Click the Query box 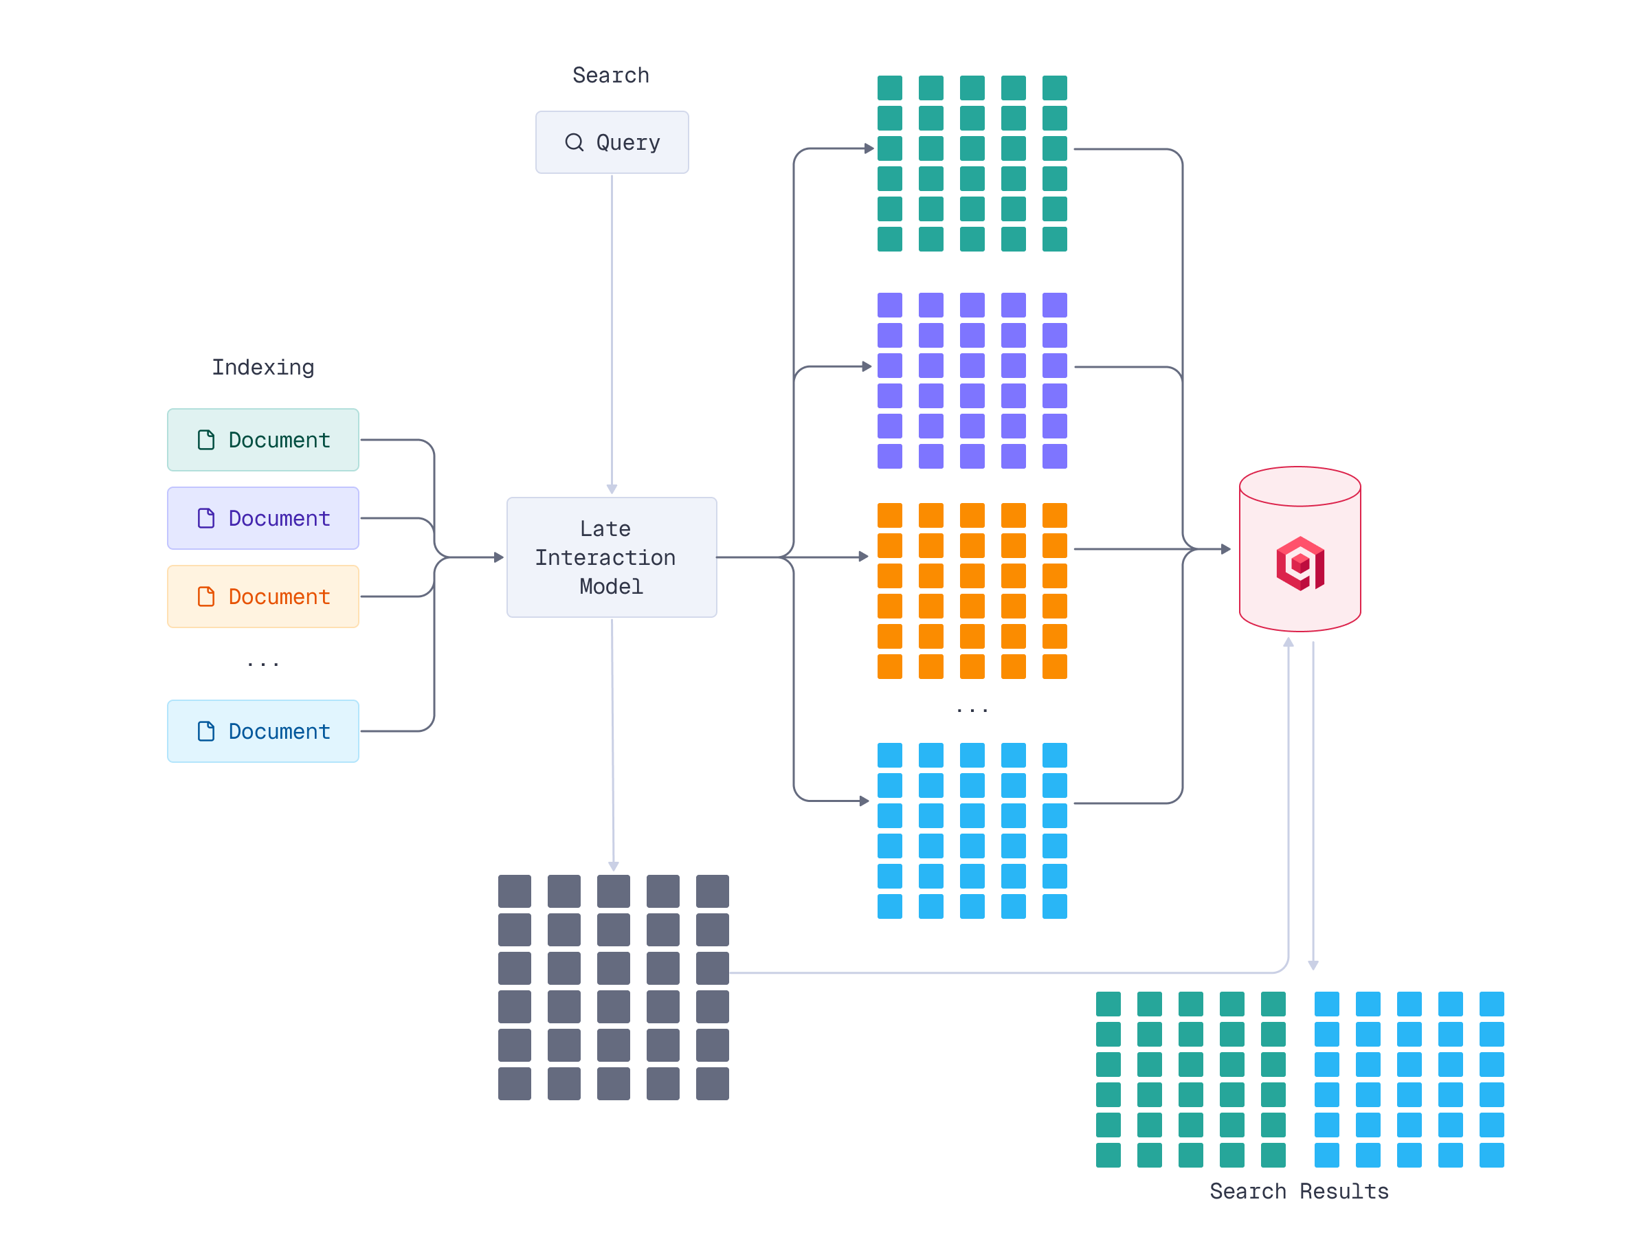click(612, 142)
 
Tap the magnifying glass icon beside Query click(574, 142)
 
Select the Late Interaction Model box click(612, 557)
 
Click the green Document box click(263, 440)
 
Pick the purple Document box click(263, 518)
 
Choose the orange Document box click(263, 597)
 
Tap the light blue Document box click(263, 731)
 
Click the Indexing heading click(263, 367)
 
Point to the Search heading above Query click(611, 76)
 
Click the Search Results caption click(1299, 1191)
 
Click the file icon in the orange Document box click(206, 597)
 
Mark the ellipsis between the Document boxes click(263, 663)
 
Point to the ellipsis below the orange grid click(972, 709)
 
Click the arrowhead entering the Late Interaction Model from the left click(499, 557)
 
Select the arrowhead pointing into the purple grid click(867, 366)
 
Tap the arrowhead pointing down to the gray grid click(614, 867)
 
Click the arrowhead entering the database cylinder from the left click(1226, 549)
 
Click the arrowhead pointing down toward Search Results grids click(1313, 966)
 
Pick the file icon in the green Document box click(206, 440)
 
